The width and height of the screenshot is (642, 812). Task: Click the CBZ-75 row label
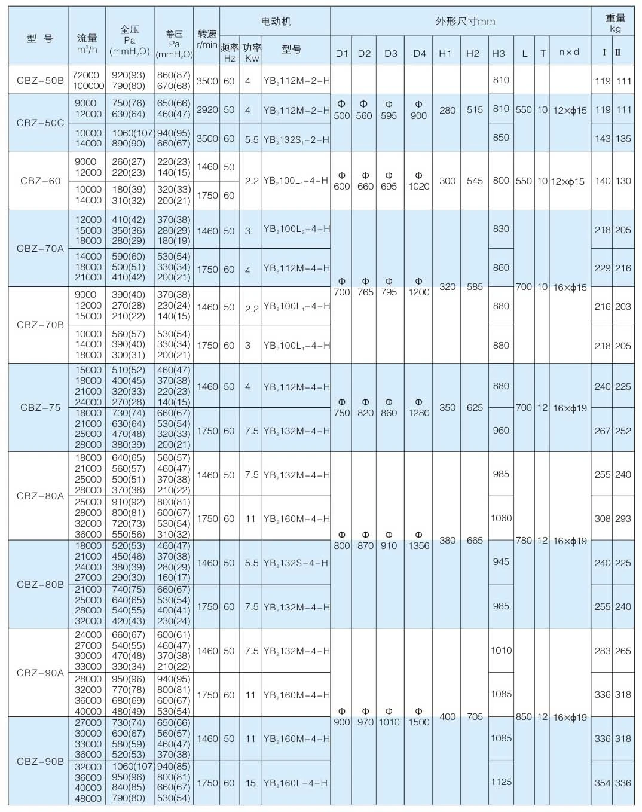[40, 407]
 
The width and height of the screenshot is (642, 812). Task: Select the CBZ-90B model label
[40, 761]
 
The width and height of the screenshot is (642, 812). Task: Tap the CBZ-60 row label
[40, 181]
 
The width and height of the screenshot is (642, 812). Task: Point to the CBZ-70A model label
[40, 248]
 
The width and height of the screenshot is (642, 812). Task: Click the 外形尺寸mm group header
[465, 22]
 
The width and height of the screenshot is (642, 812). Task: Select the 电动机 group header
[276, 22]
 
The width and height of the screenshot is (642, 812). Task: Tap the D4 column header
[419, 53]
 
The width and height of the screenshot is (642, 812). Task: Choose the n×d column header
[569, 53]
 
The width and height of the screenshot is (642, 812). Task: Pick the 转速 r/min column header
[207, 39]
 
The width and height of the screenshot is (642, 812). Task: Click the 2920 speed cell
[207, 110]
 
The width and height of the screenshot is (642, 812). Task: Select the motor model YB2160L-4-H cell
[295, 783]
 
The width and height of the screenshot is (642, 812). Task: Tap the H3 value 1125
[501, 782]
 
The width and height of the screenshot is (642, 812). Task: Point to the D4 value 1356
[418, 545]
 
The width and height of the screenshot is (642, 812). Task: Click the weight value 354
[602, 783]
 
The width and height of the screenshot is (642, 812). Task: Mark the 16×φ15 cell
[570, 287]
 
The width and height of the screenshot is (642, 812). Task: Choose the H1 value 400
[447, 716]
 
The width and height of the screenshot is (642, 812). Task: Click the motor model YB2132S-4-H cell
[295, 563]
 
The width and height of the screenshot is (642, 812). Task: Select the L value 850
[524, 716]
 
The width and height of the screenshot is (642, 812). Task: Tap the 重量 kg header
[615, 23]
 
